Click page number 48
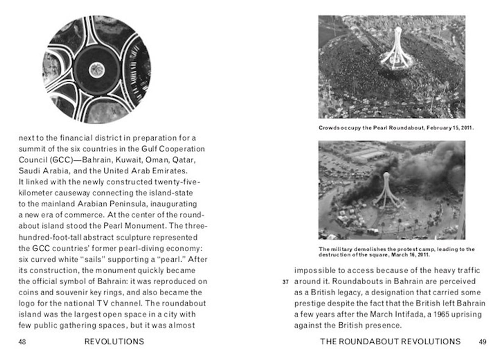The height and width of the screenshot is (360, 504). [23, 341]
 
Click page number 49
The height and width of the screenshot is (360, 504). [482, 341]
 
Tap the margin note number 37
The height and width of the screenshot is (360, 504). [286, 282]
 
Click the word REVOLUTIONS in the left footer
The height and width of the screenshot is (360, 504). [114, 341]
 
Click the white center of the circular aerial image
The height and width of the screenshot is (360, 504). [96, 69]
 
